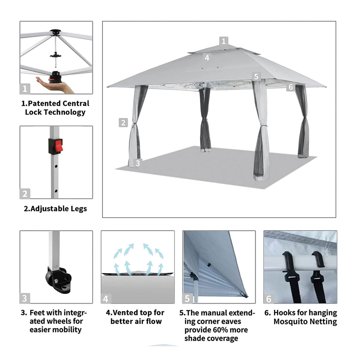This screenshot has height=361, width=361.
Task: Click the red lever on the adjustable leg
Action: [58, 146]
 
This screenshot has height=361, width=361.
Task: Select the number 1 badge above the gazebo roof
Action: [224, 41]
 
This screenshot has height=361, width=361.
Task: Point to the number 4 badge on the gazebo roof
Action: [207, 57]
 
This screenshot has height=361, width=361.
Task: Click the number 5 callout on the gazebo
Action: [256, 76]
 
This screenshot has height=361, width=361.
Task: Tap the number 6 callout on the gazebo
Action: [291, 87]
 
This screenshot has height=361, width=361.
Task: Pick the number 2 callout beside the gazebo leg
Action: [123, 122]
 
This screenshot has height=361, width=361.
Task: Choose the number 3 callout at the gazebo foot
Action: [138, 163]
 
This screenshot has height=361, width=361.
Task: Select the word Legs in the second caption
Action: [79, 209]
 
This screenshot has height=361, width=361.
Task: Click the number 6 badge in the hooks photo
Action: [269, 298]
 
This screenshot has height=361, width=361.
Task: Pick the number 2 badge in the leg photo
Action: [25, 194]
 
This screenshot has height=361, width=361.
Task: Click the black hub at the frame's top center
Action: [55, 32]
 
